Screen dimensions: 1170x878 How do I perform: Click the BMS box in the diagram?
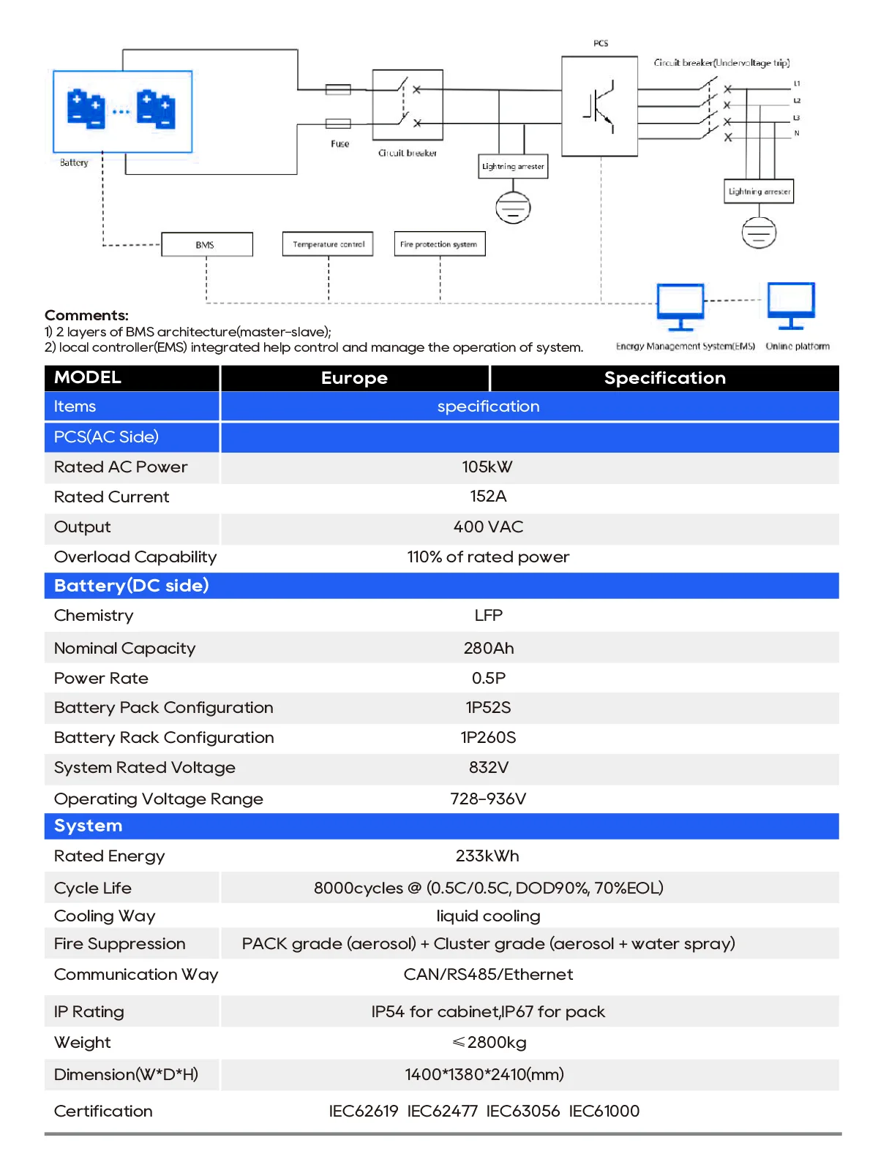[206, 245]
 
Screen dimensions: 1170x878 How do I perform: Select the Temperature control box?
[328, 244]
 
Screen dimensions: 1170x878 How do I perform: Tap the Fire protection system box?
[439, 244]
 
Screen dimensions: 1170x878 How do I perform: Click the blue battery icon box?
[123, 111]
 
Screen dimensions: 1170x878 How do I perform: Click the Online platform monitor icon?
[791, 305]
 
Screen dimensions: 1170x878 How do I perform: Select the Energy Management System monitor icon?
[680, 306]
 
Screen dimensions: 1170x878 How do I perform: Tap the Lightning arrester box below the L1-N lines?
[759, 192]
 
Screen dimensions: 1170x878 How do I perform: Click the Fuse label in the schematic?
[340, 144]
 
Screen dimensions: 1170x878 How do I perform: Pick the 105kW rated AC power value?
[487, 467]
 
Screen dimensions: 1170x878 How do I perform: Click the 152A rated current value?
[488, 497]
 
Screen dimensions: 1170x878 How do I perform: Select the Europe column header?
[354, 378]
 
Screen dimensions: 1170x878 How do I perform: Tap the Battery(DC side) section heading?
[132, 586]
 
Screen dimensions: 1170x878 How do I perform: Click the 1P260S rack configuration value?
[488, 738]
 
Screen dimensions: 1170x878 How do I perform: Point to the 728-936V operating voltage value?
[488, 799]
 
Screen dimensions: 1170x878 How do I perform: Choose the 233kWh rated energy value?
[487, 856]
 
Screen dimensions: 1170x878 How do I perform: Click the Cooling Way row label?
[105, 916]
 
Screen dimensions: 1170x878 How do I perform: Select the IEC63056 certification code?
[523, 1111]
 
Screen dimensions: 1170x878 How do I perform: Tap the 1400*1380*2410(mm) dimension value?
[484, 1075]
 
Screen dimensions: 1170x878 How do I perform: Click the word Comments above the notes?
[86, 316]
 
